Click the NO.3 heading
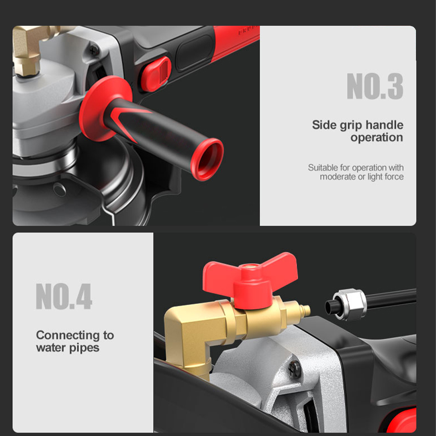(x=375, y=86)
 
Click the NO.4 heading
(x=64, y=296)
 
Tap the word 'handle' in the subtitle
(x=384, y=125)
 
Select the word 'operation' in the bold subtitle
(x=377, y=138)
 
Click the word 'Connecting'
(x=68, y=335)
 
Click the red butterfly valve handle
(x=250, y=278)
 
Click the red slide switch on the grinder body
(x=156, y=74)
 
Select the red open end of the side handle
(x=207, y=159)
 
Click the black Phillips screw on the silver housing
(x=295, y=369)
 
